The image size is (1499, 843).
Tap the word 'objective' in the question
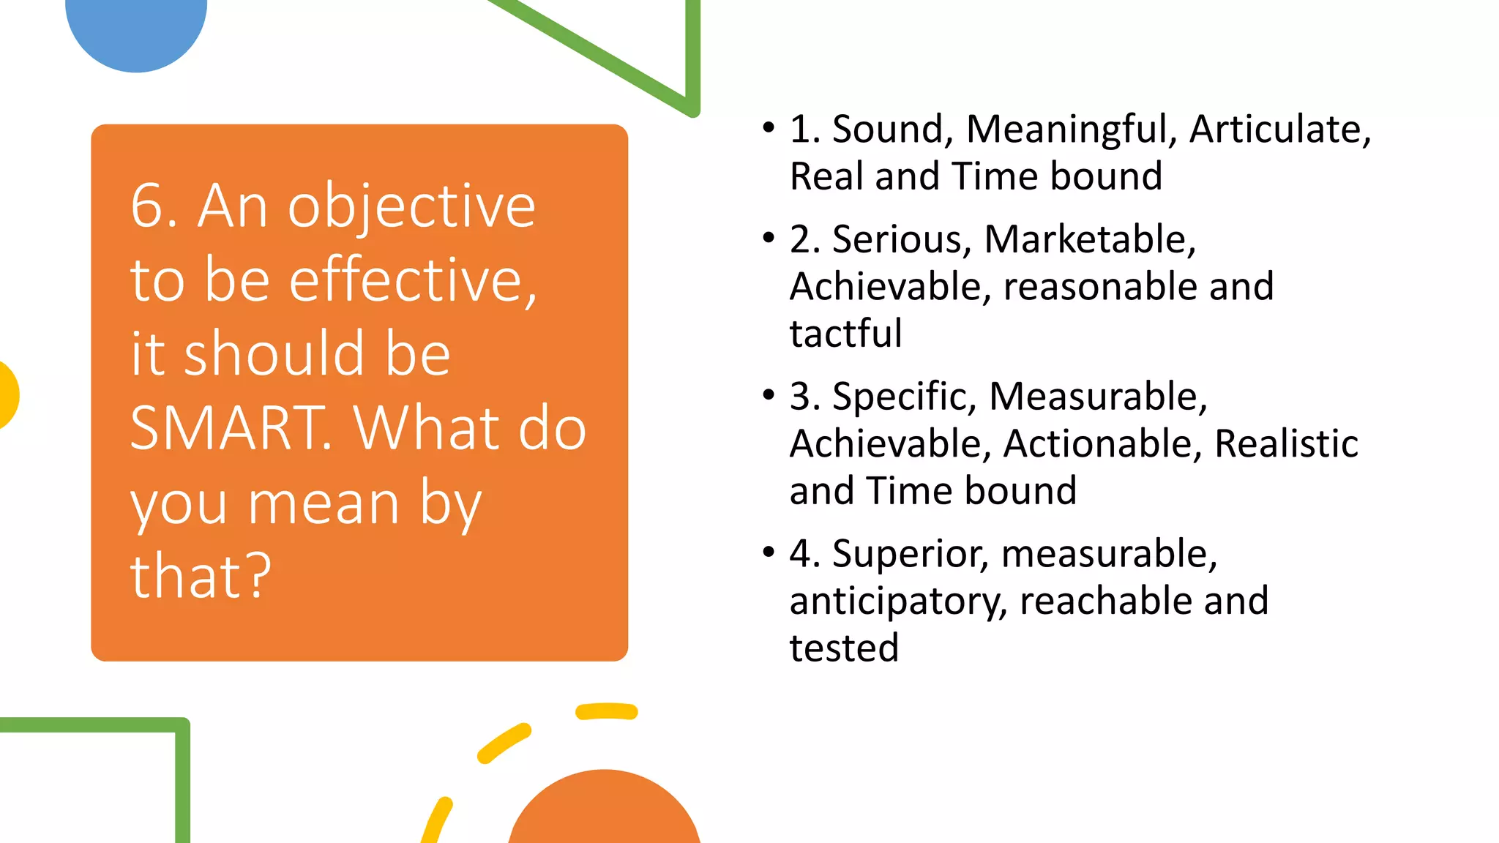click(411, 208)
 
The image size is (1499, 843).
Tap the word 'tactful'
click(845, 334)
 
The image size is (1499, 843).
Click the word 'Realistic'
click(1286, 443)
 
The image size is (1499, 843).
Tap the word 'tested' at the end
click(844, 648)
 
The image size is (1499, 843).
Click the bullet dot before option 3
click(768, 396)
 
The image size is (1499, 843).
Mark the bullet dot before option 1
click(768, 128)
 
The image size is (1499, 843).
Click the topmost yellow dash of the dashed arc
click(606, 711)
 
